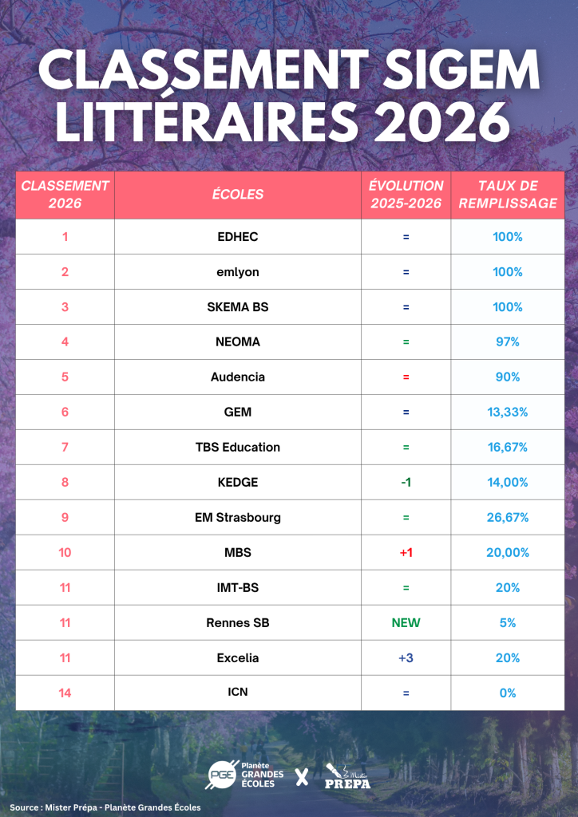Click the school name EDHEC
tap(238, 237)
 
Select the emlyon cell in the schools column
tap(238, 272)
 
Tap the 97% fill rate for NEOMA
tap(508, 341)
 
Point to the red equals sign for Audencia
tap(406, 377)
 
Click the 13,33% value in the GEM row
tap(508, 412)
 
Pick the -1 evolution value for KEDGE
tap(406, 483)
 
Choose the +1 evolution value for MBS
tap(406, 552)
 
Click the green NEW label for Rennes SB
tap(406, 622)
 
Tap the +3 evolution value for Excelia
tap(406, 657)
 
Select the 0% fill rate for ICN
tap(508, 693)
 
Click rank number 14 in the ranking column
tap(65, 693)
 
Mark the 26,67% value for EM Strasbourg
tap(508, 517)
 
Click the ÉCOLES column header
tap(238, 195)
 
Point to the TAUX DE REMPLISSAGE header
tap(508, 195)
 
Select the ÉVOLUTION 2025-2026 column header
tap(406, 195)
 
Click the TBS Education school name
tap(238, 447)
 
